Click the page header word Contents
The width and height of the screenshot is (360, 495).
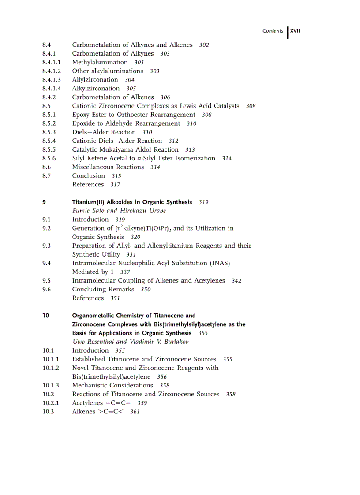point(273,31)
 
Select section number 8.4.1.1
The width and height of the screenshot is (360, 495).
point(52,63)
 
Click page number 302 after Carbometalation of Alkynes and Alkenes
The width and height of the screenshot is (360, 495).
point(204,45)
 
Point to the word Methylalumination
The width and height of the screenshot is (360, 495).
point(100,63)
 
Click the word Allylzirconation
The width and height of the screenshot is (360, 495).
point(95,80)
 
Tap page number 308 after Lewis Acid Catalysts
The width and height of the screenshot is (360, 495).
point(251,106)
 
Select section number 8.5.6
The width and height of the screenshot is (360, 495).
point(49,159)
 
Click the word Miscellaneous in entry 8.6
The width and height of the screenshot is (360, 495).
point(93,167)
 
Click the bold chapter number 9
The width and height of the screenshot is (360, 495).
point(44,202)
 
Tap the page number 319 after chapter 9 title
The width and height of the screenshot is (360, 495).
point(204,202)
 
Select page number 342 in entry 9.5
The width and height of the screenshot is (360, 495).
point(236,281)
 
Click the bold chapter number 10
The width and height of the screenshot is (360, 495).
point(46,316)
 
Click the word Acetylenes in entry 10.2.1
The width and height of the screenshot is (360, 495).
point(87,403)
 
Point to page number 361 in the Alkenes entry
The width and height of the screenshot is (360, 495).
point(135,412)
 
